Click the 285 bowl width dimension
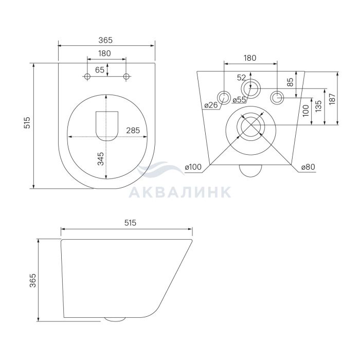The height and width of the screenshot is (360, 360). point(133,131)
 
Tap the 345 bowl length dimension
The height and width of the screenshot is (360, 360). point(101,159)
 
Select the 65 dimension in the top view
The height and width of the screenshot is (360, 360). point(100,70)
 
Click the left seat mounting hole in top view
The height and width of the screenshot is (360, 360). point(87,77)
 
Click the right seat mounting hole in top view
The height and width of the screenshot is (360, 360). point(126,77)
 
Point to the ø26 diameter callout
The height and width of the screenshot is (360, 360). point(211,105)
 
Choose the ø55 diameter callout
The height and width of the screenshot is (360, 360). point(239,100)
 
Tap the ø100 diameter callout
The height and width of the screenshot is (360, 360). point(193,167)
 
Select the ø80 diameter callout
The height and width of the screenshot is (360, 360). point(308,167)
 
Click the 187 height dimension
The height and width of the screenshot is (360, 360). point(332,99)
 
